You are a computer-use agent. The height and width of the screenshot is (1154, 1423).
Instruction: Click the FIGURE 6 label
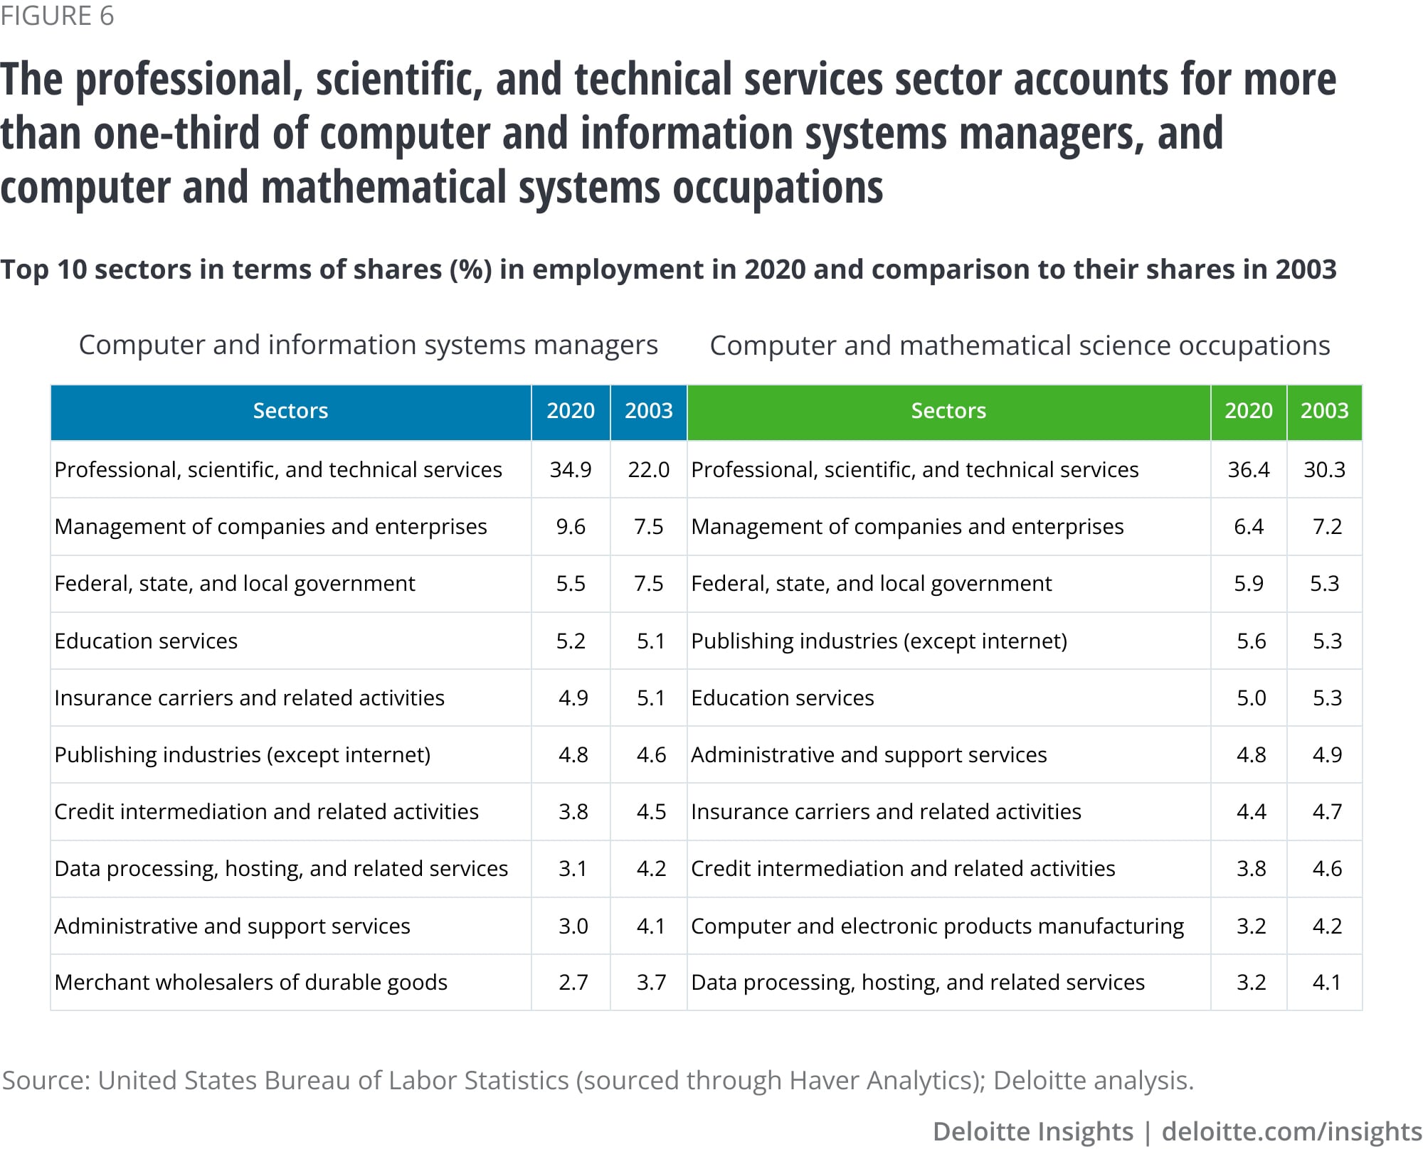point(57,16)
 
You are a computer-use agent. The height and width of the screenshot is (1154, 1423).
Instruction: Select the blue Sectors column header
point(290,411)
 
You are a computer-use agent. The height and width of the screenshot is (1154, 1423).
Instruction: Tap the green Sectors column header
point(948,411)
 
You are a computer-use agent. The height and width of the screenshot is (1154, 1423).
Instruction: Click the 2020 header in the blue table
point(571,411)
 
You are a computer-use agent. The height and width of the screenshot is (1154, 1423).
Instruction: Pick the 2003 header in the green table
point(1324,411)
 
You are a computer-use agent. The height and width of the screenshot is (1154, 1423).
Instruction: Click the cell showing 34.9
point(571,470)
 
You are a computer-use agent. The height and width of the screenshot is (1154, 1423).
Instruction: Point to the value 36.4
point(1249,470)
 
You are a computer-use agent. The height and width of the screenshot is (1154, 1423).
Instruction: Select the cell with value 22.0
point(648,470)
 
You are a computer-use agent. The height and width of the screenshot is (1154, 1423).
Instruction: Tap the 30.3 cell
point(1324,470)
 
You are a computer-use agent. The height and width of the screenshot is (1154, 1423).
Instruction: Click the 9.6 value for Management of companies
point(571,527)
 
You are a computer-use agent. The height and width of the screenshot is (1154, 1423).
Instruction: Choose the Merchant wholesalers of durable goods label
point(250,983)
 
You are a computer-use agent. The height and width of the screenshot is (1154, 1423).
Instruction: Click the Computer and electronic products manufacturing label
point(937,926)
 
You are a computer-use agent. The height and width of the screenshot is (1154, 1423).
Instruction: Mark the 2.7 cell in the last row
point(573,983)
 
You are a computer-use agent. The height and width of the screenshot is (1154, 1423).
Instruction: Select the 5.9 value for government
point(1249,584)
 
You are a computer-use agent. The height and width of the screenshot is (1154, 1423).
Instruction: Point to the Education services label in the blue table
point(146,641)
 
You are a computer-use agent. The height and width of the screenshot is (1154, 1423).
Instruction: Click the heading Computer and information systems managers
point(368,346)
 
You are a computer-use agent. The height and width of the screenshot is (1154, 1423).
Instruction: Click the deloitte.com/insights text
point(1291,1131)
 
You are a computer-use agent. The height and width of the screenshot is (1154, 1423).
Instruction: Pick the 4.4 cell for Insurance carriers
point(1251,812)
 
